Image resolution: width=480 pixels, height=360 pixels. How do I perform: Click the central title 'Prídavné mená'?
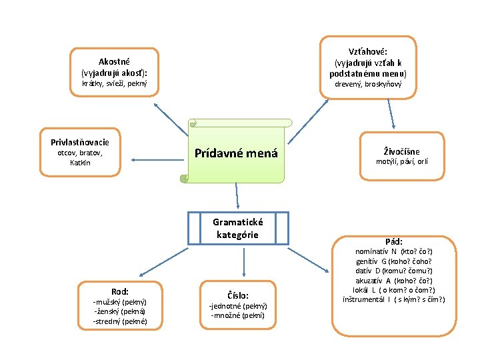point(235,153)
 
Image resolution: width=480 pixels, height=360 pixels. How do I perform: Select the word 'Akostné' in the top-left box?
point(114,61)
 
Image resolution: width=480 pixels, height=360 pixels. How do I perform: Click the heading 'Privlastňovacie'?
point(80,142)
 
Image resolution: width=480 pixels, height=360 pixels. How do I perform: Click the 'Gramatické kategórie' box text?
point(238,228)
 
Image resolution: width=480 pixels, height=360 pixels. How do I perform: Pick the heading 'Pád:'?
point(393,241)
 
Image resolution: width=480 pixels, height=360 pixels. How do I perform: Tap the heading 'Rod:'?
point(120,291)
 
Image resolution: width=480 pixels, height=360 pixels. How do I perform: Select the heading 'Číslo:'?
point(238,295)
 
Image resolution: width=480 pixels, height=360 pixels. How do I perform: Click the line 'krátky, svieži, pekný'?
point(114,84)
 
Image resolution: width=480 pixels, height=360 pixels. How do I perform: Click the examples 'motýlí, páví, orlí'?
point(402,161)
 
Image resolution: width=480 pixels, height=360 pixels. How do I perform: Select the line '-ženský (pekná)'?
point(120,311)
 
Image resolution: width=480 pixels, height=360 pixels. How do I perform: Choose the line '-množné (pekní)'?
point(238,315)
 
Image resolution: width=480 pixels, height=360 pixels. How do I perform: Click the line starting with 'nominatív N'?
point(393,251)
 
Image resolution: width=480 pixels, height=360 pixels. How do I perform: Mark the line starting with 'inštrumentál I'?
point(393,299)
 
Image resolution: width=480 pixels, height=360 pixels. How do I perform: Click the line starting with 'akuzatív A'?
point(393,280)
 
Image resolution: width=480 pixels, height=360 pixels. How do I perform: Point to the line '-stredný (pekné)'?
point(120,321)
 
